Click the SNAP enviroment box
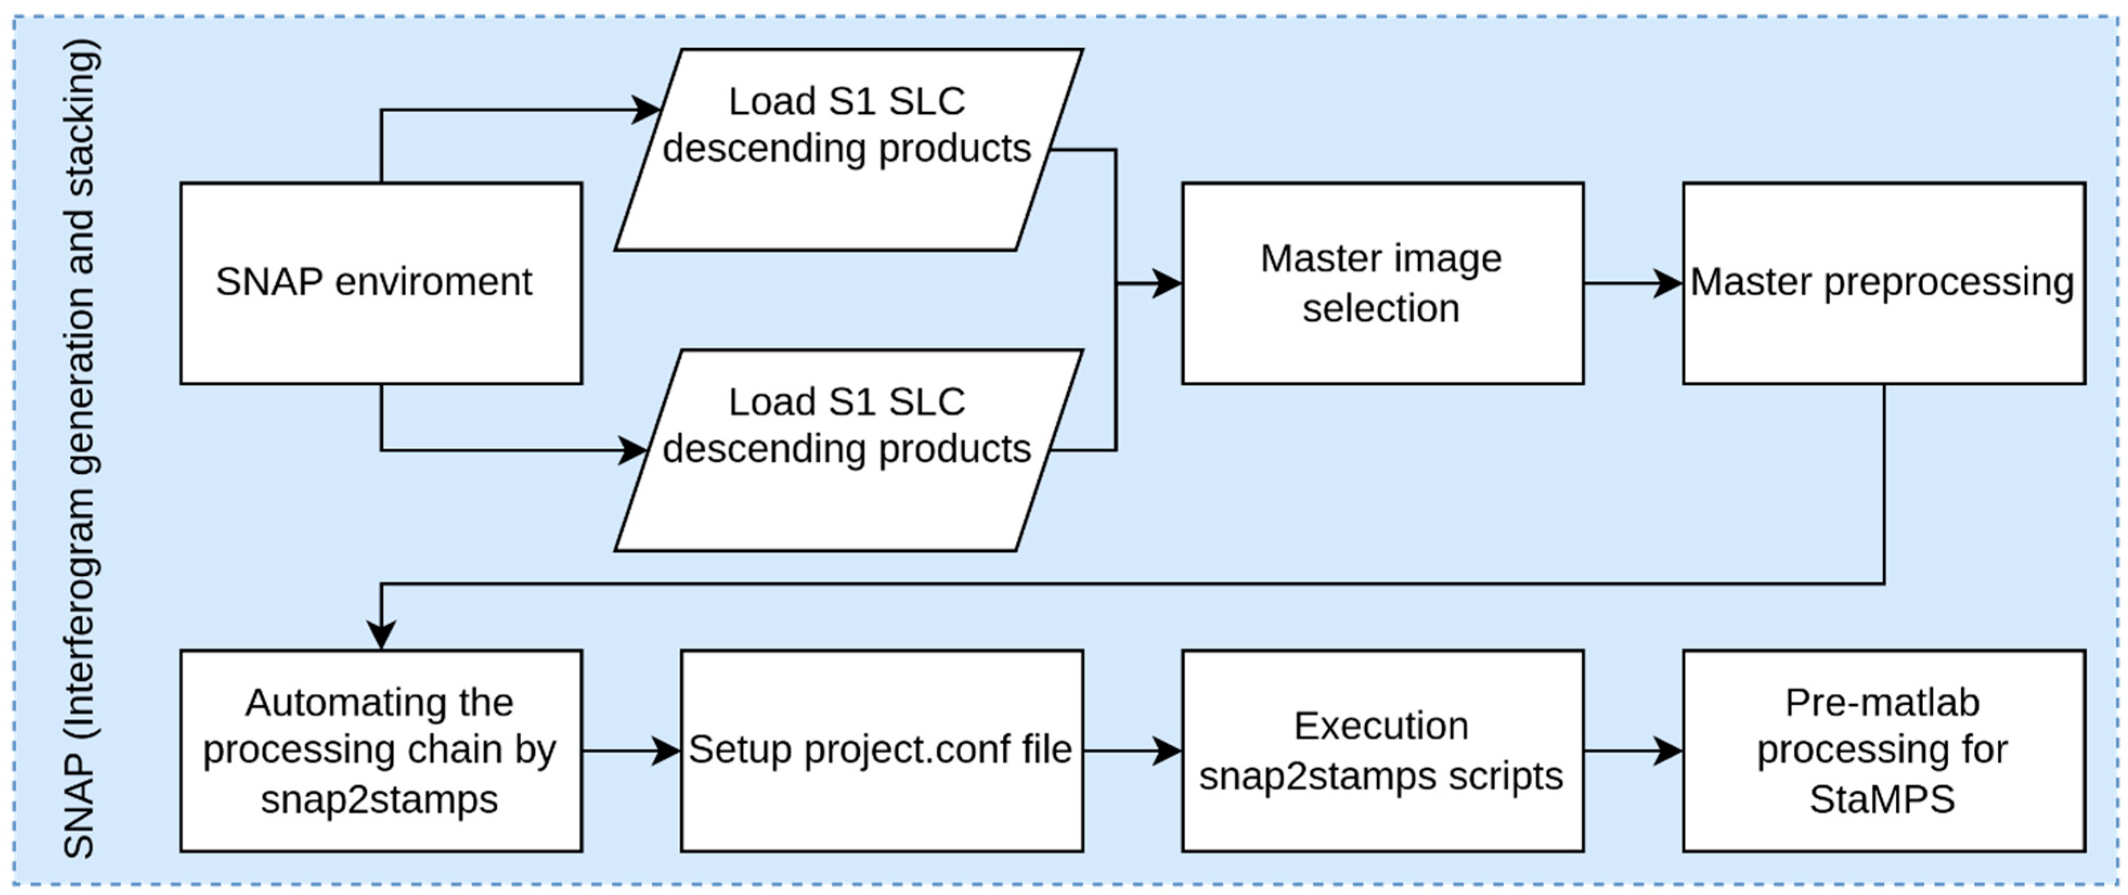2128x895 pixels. [381, 284]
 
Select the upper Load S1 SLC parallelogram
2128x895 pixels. [847, 150]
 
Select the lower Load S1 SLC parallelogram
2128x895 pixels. [847, 450]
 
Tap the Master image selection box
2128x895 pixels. [1382, 284]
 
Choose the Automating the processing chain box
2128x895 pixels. [381, 750]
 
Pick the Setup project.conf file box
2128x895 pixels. [881, 750]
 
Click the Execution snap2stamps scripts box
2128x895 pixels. [1382, 750]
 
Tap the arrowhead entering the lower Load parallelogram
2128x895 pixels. [634, 450]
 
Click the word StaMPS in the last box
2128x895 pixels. [1882, 799]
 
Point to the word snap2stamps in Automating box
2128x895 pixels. [379, 799]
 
